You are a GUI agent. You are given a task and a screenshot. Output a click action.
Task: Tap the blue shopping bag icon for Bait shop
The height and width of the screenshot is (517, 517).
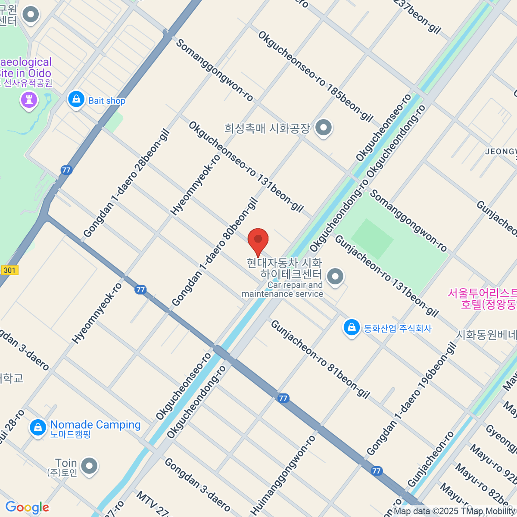pos(76,100)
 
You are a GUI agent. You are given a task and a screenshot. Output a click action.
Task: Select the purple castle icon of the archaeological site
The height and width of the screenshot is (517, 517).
pos(29,100)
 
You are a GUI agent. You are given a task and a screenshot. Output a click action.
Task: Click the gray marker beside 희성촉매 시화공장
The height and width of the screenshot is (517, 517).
pos(323,128)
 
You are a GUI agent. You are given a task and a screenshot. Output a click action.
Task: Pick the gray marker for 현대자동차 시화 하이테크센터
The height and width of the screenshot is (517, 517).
pos(335,277)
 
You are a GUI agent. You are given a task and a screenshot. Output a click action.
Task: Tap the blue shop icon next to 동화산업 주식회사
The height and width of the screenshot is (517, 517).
pos(352,327)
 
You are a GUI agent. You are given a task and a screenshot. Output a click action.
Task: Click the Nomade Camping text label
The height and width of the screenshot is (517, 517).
pos(95,425)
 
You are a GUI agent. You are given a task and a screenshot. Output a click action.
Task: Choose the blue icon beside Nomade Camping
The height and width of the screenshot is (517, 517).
pos(38,428)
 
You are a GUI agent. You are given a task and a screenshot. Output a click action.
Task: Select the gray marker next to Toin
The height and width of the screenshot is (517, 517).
pos(89,466)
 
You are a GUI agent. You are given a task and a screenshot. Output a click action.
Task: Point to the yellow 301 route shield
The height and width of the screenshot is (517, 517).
pos(9,271)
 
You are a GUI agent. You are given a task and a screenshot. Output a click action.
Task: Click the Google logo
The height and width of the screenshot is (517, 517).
pos(27,508)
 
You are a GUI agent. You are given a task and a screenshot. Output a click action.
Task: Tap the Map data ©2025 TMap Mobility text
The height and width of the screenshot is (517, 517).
pos(454,511)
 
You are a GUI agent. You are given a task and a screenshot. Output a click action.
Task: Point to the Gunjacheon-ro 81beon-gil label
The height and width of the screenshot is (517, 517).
pos(320,359)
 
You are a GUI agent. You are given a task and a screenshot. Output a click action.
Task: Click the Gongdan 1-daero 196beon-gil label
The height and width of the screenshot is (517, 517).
pos(411,399)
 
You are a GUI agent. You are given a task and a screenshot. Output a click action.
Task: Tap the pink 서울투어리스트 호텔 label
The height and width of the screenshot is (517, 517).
pos(483,299)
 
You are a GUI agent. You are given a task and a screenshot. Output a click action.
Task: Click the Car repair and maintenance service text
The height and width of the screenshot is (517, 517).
pos(283,290)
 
